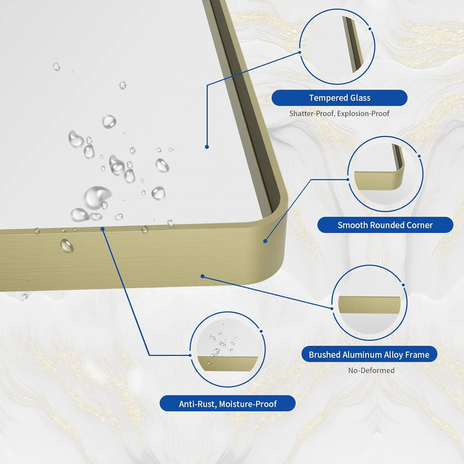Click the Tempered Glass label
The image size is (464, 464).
click(x=339, y=98)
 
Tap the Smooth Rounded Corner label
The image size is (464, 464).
click(x=385, y=225)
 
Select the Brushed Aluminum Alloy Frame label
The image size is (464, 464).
click(x=369, y=354)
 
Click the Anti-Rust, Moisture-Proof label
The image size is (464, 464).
click(x=228, y=403)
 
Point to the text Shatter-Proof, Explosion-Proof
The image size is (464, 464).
click(x=339, y=114)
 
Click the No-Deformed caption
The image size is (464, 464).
click(x=371, y=370)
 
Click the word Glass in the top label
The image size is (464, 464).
click(x=360, y=98)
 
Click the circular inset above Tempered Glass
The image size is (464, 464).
click(x=337, y=46)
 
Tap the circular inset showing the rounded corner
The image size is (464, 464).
click(x=385, y=174)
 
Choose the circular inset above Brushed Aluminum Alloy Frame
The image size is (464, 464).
click(x=369, y=303)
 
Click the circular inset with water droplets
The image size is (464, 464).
click(x=228, y=349)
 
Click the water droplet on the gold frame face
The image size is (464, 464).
click(x=67, y=246)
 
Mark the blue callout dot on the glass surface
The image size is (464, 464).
click(x=207, y=147)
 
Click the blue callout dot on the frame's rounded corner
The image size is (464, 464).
click(x=265, y=241)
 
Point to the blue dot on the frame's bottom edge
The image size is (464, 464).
click(x=203, y=276)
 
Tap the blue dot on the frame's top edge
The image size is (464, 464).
click(x=103, y=229)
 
